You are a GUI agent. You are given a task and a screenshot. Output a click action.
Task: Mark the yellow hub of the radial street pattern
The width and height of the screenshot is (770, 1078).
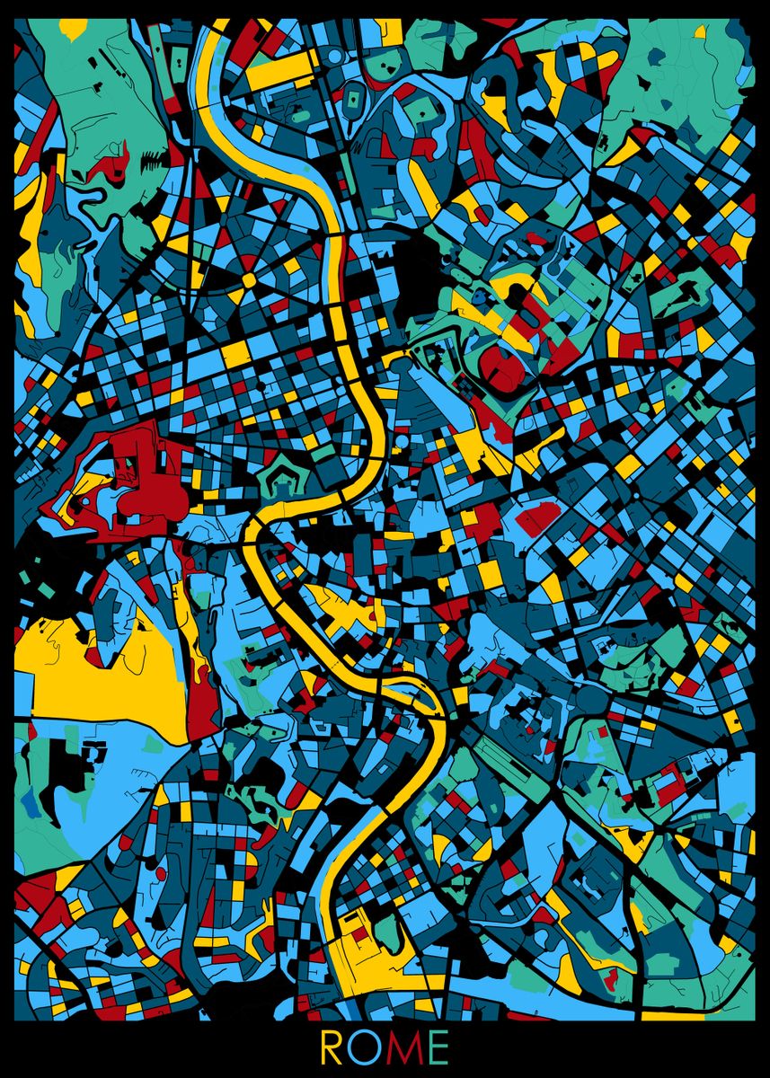tap(249, 279)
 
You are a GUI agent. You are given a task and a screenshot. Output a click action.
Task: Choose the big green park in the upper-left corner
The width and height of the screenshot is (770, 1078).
tap(90, 90)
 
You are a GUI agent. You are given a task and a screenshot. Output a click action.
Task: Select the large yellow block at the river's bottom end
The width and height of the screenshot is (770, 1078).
tap(364, 952)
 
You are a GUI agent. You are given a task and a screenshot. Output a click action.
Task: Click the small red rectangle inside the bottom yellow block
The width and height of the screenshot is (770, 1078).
tap(359, 934)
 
